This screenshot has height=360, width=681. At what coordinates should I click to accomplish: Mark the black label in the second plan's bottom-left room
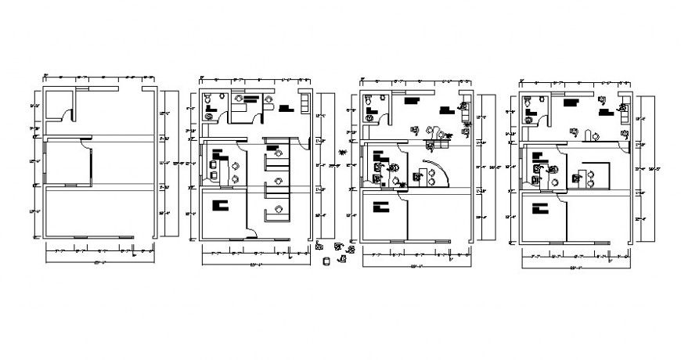[219, 205]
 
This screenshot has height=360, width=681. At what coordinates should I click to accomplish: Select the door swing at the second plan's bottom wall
[253, 231]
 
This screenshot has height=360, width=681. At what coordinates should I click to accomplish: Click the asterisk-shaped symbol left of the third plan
[342, 150]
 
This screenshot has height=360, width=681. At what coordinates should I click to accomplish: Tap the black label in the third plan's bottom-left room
[381, 207]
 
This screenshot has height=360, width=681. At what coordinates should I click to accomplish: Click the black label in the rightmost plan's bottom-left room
[539, 208]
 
